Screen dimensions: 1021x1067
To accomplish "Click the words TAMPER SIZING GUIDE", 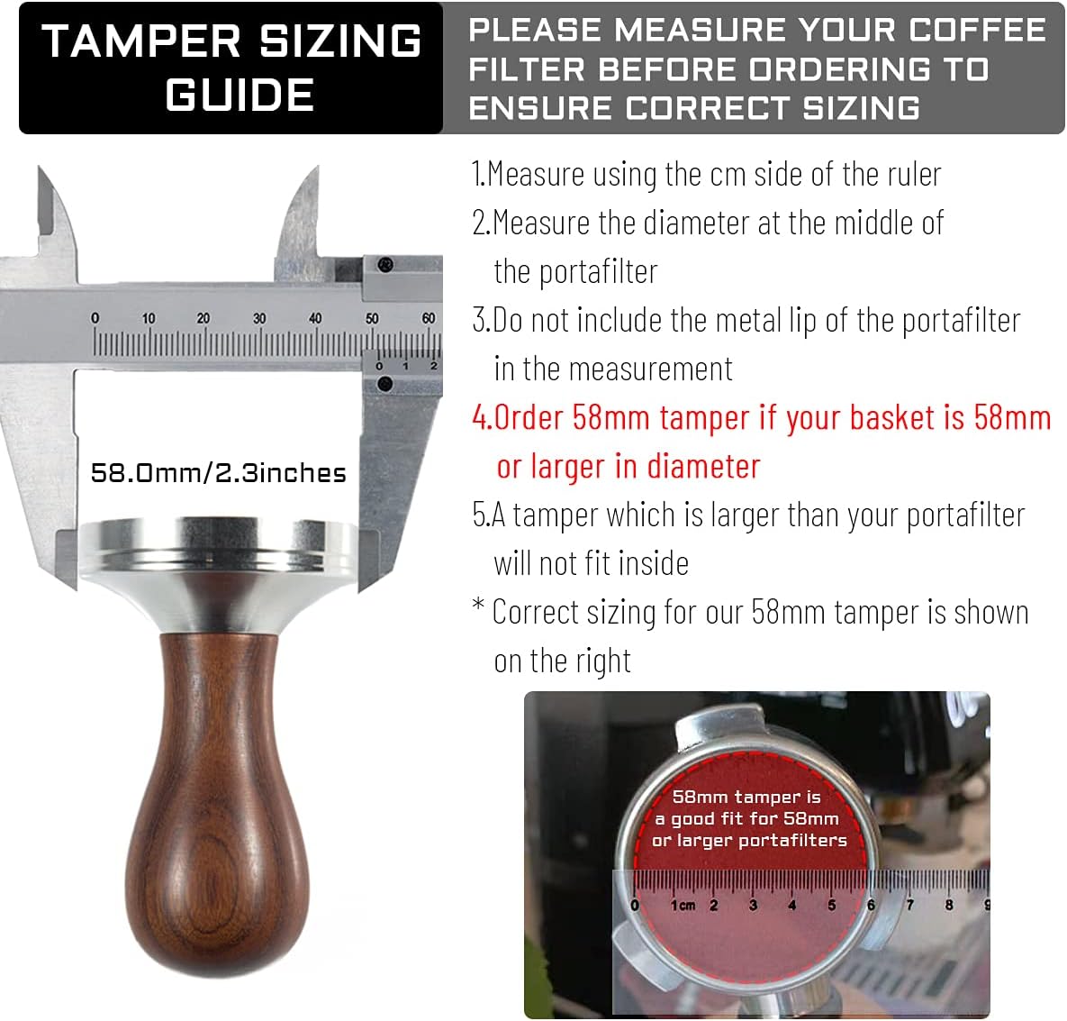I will pos(231,68).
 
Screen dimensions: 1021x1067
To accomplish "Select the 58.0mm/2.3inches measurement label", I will pos(218,473).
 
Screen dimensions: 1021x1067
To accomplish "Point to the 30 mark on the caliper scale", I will pos(259,319).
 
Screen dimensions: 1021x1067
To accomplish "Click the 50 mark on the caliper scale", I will pos(372,319).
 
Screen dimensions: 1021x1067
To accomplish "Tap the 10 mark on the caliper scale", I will pos(149,319).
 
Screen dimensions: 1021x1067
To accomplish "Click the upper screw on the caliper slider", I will pos(386,265).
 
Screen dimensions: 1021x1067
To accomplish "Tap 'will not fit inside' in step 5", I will pos(591,564).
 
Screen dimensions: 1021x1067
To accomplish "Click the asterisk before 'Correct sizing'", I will pos(478,609).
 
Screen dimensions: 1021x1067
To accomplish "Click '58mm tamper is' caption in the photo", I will pos(746,797).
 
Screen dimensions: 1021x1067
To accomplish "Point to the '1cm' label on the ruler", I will pos(683,905).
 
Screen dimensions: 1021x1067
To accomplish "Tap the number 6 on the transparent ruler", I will pos(871,905).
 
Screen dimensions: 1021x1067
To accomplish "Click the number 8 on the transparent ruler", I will pos(948,905).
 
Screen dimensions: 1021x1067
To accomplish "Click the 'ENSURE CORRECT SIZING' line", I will pos(694,108).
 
